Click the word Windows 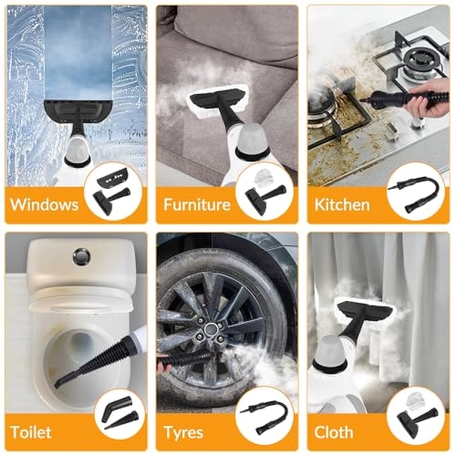[x=46, y=203]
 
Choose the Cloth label [x=335, y=430]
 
